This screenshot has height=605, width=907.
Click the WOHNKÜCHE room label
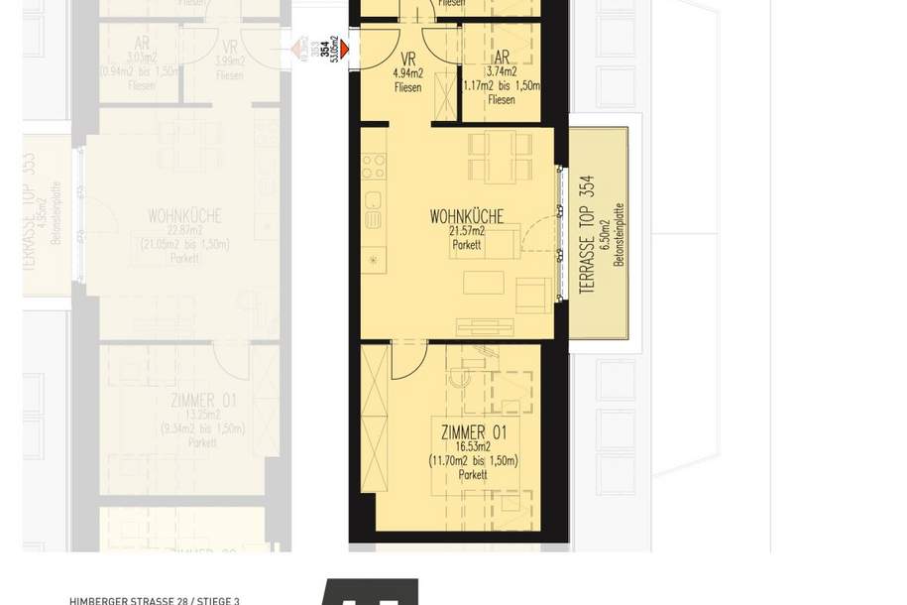click(466, 216)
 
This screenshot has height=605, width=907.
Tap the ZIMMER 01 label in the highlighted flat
click(474, 432)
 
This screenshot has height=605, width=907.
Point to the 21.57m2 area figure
click(466, 231)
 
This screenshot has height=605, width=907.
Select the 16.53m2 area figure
click(474, 447)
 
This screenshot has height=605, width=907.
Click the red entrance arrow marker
click(344, 47)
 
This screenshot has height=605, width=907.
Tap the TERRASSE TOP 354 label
click(587, 234)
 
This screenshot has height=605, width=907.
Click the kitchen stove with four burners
click(373, 166)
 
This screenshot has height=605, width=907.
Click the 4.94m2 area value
click(407, 73)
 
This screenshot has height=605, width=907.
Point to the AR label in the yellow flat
click(502, 58)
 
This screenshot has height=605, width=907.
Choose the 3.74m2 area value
click(502, 71)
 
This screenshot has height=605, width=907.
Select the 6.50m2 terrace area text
click(604, 234)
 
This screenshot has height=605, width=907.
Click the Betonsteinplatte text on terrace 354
click(619, 234)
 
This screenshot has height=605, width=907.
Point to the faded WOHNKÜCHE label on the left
click(184, 216)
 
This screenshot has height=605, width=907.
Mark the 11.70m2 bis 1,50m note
click(474, 461)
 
